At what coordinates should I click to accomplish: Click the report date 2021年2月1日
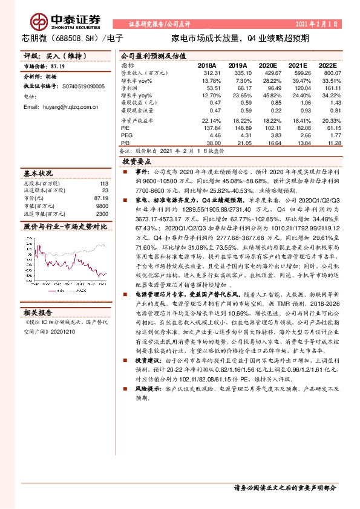pos(317,24)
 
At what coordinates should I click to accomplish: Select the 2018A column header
pos(208,65)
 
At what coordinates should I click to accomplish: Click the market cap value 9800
pos(102,206)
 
